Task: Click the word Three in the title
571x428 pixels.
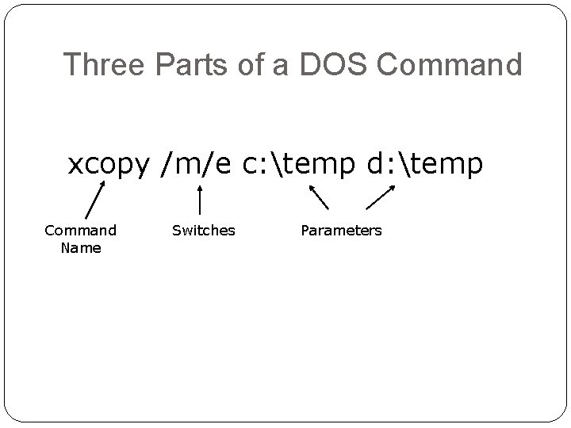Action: [102, 64]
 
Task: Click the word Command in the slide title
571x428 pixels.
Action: [450, 64]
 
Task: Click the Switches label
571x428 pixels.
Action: [204, 231]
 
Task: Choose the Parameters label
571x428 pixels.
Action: [341, 231]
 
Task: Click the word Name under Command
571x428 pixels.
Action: [81, 248]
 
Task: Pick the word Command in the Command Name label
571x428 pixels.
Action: [81, 231]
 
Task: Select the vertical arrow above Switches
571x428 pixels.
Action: [199, 200]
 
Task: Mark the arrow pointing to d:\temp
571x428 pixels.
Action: [380, 197]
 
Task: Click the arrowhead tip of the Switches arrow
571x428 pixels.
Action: [199, 187]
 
